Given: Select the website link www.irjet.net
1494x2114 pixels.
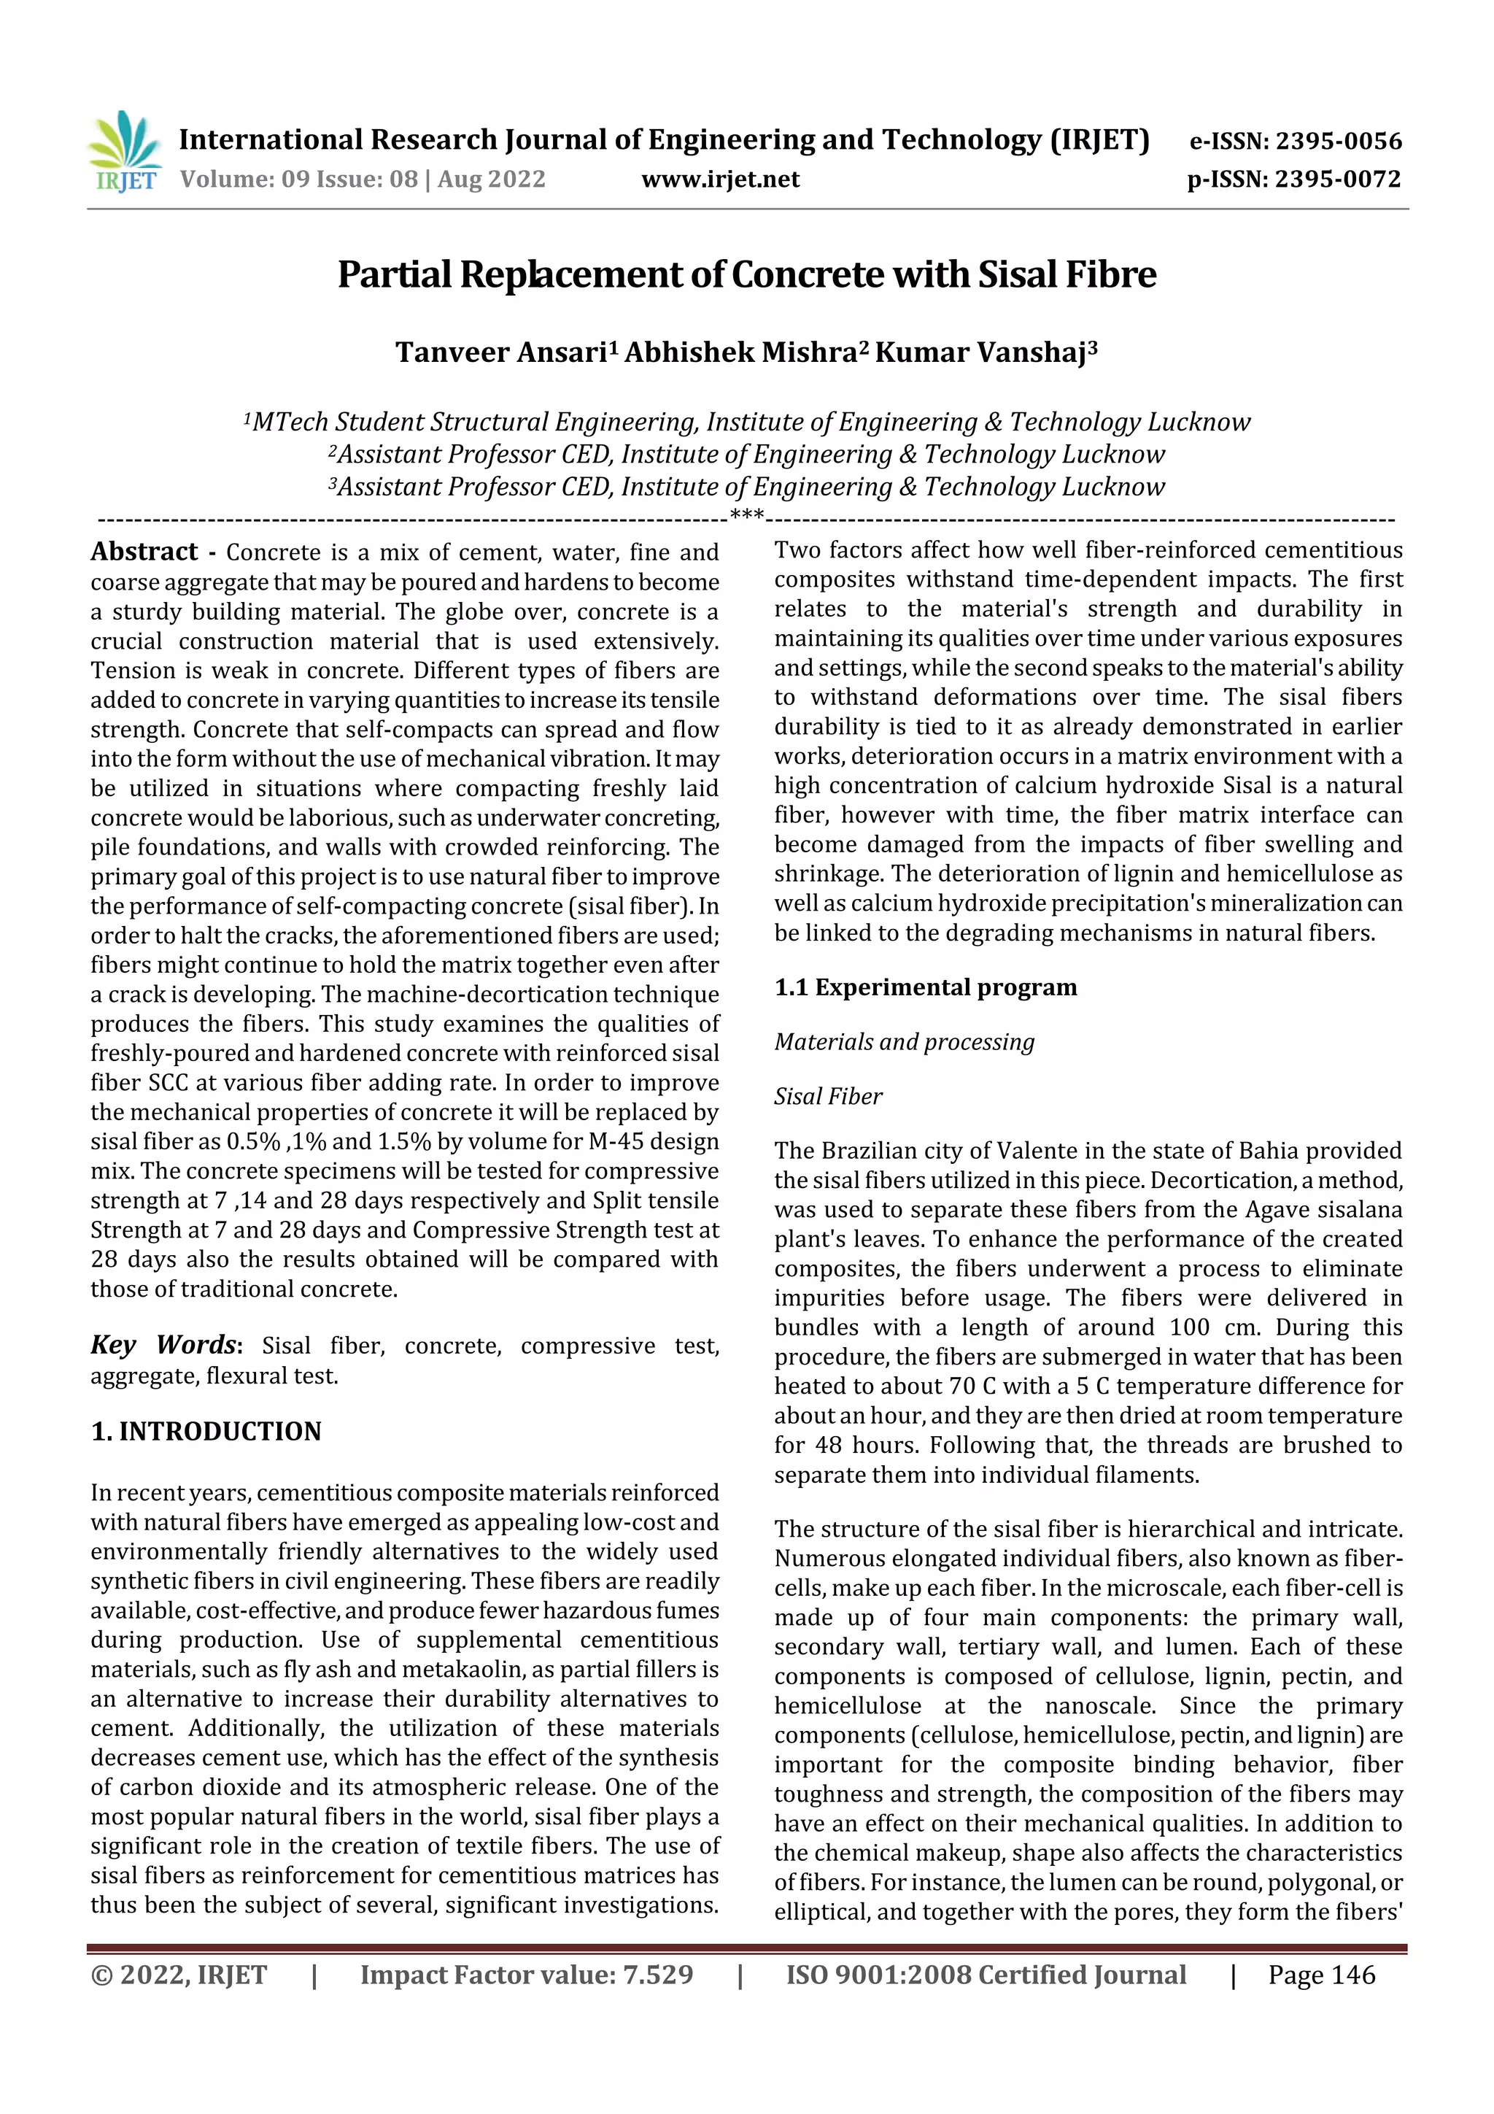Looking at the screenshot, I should [x=720, y=180].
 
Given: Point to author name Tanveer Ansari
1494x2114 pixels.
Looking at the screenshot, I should [x=500, y=352].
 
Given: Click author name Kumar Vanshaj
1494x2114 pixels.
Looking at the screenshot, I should [x=980, y=352].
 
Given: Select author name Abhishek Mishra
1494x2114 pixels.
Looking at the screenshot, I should [x=740, y=352].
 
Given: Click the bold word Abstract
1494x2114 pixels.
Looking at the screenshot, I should [x=144, y=552].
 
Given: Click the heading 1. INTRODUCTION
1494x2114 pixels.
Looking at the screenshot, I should [x=206, y=1432].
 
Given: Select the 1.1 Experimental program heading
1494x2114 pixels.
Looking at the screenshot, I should [x=924, y=987].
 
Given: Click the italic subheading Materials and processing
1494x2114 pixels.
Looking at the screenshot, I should [x=904, y=1041].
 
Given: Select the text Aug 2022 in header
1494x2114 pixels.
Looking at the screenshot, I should [x=492, y=180].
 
